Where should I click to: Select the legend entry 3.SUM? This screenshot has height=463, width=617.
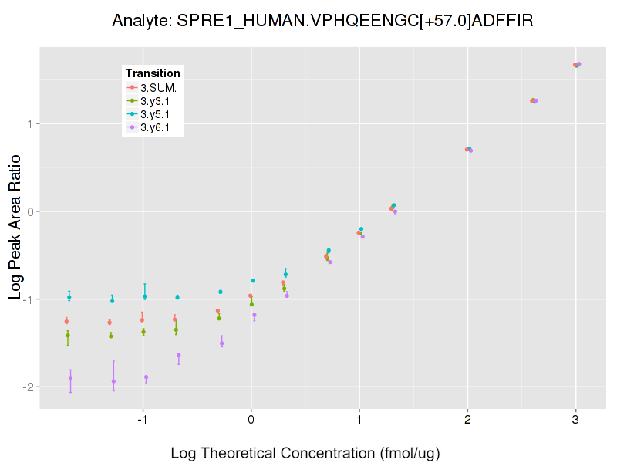coord(158,87)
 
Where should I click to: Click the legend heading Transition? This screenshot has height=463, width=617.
coord(153,73)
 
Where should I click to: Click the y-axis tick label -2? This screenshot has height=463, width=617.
coord(29,387)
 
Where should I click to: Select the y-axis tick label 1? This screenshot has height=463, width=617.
coord(32,123)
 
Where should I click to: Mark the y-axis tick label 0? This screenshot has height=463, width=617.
coord(32,211)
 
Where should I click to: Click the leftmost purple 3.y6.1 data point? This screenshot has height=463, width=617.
coord(70,378)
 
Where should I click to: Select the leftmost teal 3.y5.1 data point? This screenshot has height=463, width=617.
coord(69,297)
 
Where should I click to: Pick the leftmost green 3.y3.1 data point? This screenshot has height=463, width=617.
coord(68,335)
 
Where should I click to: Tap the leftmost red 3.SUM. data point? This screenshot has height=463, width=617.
coord(66,321)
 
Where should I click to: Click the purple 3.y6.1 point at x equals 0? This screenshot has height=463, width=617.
coord(255,315)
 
